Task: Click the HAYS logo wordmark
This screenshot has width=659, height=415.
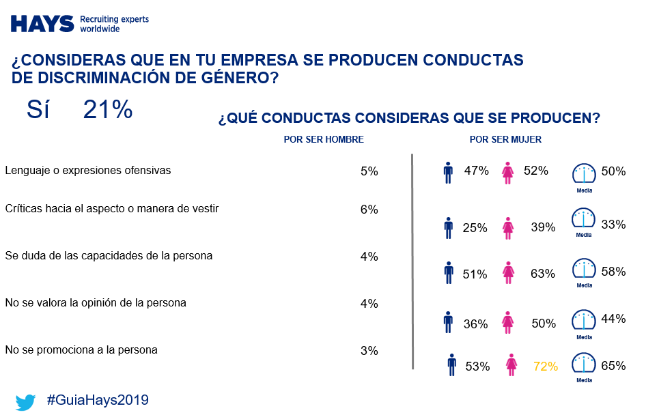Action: (42, 24)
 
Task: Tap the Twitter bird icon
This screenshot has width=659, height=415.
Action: (25, 401)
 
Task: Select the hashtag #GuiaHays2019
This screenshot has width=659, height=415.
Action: (98, 400)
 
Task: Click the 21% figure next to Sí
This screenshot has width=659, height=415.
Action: (107, 109)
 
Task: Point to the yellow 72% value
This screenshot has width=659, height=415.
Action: (545, 367)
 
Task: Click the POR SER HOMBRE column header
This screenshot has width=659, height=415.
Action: (324, 139)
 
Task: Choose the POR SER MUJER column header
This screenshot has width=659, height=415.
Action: (505, 139)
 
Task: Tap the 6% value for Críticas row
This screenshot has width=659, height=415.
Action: (369, 210)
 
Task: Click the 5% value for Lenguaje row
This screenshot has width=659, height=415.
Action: (369, 171)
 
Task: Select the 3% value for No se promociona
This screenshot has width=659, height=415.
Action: (369, 351)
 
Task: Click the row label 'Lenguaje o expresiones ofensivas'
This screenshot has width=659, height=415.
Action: (87, 170)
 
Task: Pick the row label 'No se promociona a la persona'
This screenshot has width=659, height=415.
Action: (81, 349)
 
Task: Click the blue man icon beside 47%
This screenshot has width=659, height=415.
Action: (448, 173)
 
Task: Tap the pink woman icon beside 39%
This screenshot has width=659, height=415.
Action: (508, 228)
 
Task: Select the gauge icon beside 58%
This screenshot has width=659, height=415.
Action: (584, 270)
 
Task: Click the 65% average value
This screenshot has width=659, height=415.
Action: (614, 366)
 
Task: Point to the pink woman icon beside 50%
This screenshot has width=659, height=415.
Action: (508, 322)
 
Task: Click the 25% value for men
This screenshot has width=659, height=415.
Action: (475, 228)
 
